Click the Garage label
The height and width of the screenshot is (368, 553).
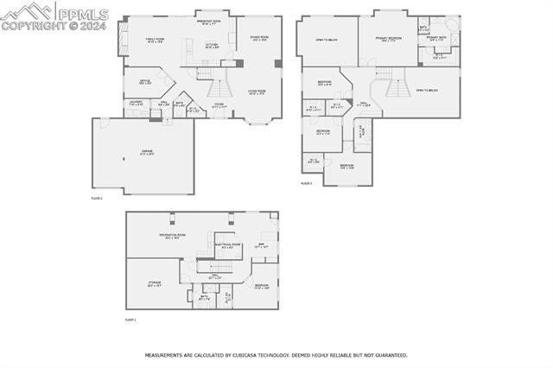pyautogui.click(x=148, y=151)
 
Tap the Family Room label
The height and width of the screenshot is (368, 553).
pyautogui.click(x=155, y=40)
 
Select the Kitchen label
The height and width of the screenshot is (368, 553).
pyautogui.click(x=211, y=47)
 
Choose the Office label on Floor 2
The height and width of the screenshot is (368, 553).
pyautogui.click(x=146, y=82)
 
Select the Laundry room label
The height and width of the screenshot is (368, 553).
pyautogui.click(x=136, y=104)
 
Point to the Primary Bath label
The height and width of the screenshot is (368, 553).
pyautogui.click(x=436, y=39)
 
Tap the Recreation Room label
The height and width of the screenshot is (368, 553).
pyautogui.click(x=173, y=236)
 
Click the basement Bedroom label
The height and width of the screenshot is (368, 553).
pyautogui.click(x=261, y=286)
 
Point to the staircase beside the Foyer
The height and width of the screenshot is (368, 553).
pyautogui.click(x=219, y=87)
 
